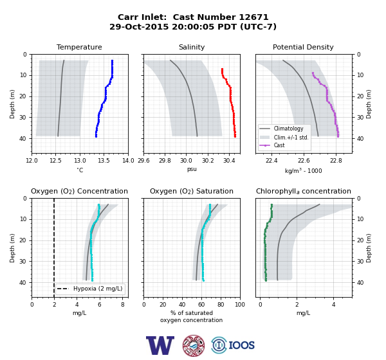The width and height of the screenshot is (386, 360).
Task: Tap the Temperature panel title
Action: (79, 47)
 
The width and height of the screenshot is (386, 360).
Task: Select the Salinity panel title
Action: (192, 47)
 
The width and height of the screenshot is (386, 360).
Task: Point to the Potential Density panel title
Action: (303, 47)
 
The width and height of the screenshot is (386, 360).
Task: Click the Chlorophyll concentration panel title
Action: (304, 191)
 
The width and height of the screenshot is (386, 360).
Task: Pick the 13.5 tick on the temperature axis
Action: (104, 161)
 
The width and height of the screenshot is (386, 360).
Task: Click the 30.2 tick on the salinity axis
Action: (208, 161)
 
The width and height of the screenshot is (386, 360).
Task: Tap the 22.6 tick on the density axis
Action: (304, 161)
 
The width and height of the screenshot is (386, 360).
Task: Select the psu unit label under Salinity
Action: (192, 169)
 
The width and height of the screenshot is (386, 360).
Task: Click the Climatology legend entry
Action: (288, 129)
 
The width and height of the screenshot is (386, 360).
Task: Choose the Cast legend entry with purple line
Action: (279, 145)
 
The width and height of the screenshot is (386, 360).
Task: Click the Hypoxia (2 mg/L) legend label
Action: (98, 289)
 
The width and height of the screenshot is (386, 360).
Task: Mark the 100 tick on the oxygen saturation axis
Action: (240, 305)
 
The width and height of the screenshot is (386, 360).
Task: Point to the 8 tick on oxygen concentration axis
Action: (123, 305)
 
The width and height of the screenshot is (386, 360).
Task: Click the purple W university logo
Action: (160, 345)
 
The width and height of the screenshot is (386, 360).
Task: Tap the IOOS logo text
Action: (241, 345)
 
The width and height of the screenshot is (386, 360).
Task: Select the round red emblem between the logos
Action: (194, 345)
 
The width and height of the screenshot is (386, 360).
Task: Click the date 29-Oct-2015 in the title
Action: (139, 26)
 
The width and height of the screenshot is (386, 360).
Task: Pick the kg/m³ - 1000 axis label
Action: (303, 170)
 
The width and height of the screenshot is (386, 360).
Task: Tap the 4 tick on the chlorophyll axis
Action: (333, 305)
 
